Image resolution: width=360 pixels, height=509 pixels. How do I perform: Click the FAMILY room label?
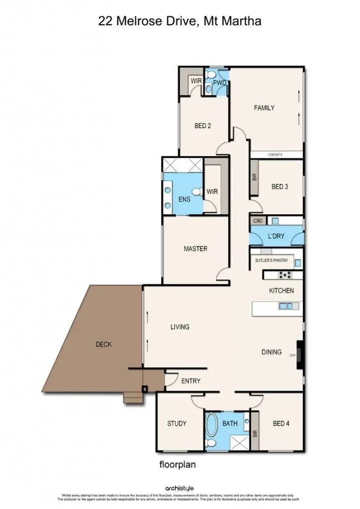(264, 108)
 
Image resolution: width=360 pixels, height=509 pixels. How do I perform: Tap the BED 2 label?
(203, 126)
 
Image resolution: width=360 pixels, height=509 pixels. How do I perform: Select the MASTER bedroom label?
(195, 249)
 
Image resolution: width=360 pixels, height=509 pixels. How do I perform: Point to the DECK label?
(103, 344)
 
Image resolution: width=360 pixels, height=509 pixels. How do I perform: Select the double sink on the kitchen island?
(285, 306)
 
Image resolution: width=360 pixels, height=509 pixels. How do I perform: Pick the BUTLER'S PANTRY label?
(271, 260)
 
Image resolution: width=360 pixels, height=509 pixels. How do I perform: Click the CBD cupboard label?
(258, 220)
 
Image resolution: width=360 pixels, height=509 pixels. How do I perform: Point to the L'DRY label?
(276, 236)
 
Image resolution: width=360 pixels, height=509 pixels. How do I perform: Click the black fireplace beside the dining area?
(299, 354)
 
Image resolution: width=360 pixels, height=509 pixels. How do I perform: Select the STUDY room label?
(177, 424)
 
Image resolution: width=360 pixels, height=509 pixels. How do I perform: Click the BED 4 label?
(281, 424)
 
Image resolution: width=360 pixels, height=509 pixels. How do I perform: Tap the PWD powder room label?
(220, 83)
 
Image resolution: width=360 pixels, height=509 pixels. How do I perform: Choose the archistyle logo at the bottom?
(180, 489)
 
